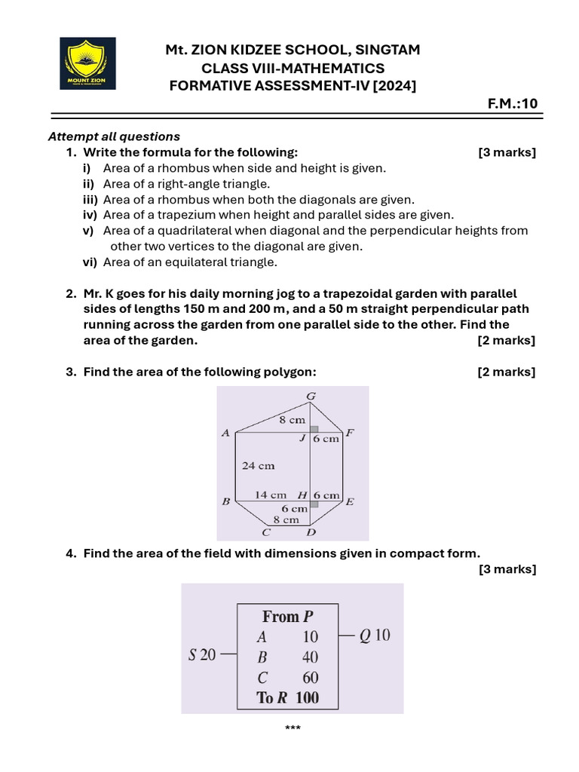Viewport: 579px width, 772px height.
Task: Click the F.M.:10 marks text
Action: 513,104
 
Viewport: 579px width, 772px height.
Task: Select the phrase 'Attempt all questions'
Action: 114,136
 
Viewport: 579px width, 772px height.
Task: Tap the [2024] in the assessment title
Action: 393,86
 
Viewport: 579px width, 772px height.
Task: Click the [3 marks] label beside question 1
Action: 507,152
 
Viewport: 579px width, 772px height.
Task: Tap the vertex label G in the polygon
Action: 311,397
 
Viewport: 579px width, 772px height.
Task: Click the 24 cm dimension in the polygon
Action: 258,466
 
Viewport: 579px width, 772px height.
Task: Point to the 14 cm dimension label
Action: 270,495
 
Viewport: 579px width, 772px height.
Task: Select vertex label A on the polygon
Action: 225,433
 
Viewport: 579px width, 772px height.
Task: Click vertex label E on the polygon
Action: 350,501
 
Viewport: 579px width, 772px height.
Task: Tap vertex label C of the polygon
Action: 266,532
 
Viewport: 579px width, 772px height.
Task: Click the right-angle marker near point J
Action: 314,429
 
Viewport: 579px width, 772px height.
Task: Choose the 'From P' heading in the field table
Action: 287,617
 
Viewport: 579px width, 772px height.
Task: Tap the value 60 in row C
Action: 310,678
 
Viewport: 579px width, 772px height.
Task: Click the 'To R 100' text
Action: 287,698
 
